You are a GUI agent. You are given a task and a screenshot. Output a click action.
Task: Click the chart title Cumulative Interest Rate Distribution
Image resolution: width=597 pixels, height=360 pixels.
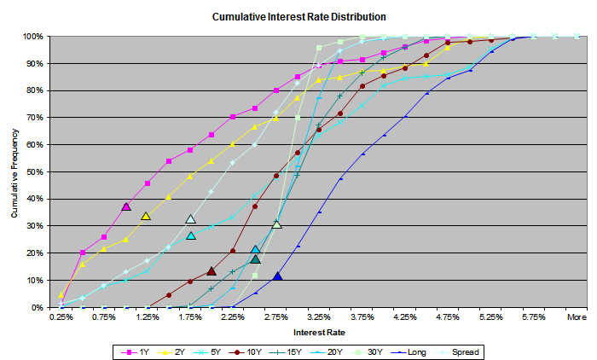point(298,16)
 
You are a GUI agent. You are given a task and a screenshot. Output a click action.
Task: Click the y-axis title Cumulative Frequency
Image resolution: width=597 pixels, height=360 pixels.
point(15,171)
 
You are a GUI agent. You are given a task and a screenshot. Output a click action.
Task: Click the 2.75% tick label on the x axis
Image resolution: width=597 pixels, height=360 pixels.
point(275,316)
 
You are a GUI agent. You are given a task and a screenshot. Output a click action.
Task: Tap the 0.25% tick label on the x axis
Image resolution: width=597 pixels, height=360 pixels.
point(61,316)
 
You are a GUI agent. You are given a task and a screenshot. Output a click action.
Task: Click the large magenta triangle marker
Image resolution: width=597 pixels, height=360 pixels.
point(126,206)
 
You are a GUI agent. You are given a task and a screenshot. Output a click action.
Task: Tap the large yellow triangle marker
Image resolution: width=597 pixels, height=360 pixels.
point(146,216)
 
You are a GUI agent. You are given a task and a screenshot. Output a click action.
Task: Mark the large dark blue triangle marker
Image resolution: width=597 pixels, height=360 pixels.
point(277,276)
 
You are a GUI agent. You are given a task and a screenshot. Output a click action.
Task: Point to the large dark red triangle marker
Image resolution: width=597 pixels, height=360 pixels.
point(212,270)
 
